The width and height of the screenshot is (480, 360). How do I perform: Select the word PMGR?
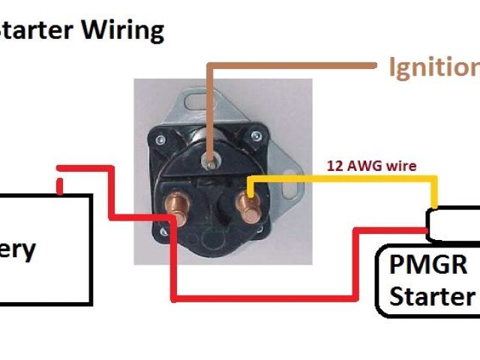click(x=428, y=265)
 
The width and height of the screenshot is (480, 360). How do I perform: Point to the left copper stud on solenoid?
click(x=178, y=211)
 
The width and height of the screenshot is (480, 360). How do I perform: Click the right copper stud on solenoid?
click(x=244, y=203)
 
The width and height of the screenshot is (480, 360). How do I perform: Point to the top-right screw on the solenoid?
click(x=256, y=136)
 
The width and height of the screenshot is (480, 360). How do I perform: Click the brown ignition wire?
click(x=292, y=66)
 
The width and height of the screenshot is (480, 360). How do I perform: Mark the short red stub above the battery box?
click(x=60, y=183)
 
